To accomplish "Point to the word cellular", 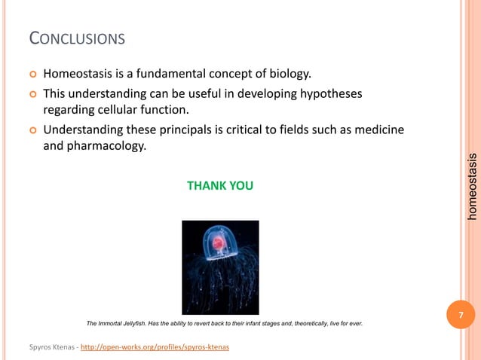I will [118, 111].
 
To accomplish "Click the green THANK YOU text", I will [220, 185].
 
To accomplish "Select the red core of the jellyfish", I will [219, 243].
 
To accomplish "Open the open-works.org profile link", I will [159, 346].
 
